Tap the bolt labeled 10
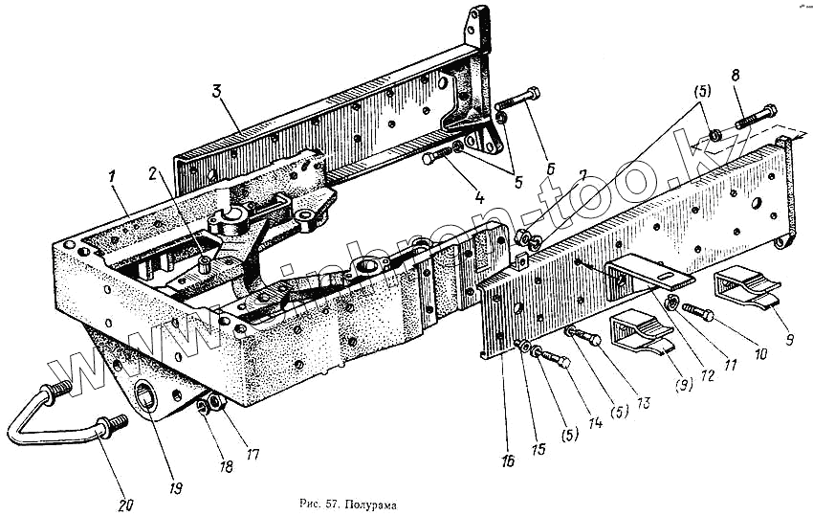(x=698, y=313)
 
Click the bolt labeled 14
(x=553, y=358)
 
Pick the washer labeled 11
(x=672, y=303)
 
